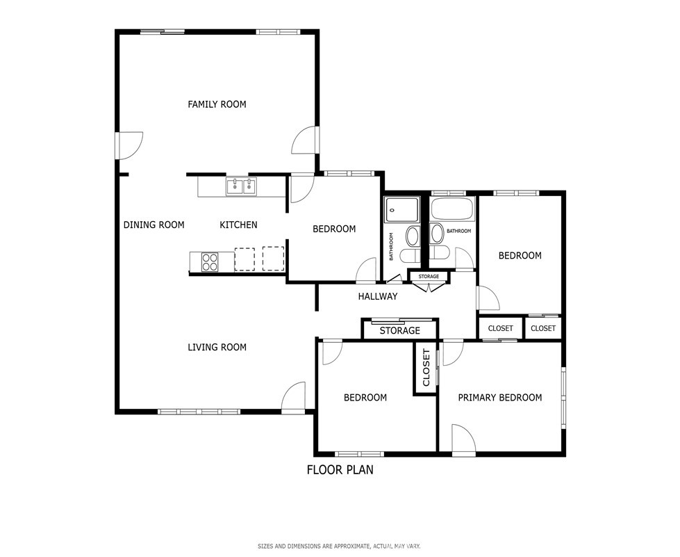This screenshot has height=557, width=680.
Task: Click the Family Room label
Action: [217, 104]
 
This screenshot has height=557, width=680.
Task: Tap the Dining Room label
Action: [154, 225]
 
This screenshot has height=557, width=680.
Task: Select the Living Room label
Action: [217, 347]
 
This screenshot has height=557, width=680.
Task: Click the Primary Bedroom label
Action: [500, 398]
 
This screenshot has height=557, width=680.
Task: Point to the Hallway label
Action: [378, 296]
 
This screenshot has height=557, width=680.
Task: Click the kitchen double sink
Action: [241, 186]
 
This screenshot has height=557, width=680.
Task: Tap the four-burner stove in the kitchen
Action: [210, 262]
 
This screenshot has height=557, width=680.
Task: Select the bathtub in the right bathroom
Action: [453, 209]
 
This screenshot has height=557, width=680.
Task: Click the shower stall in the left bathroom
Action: [402, 211]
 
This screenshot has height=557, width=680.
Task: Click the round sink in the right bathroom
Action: [437, 234]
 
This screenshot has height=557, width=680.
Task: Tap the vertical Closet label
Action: [426, 367]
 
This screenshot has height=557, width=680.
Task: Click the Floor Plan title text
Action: [340, 470]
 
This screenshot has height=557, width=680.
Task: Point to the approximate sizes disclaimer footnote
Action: [339, 546]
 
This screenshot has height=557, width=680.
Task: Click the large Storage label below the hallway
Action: [400, 331]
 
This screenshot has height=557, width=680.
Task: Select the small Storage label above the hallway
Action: [429, 277]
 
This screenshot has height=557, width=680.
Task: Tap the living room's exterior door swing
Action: [294, 396]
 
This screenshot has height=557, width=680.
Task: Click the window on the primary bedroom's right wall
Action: [563, 398]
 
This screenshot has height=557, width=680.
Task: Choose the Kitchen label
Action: [238, 225]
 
